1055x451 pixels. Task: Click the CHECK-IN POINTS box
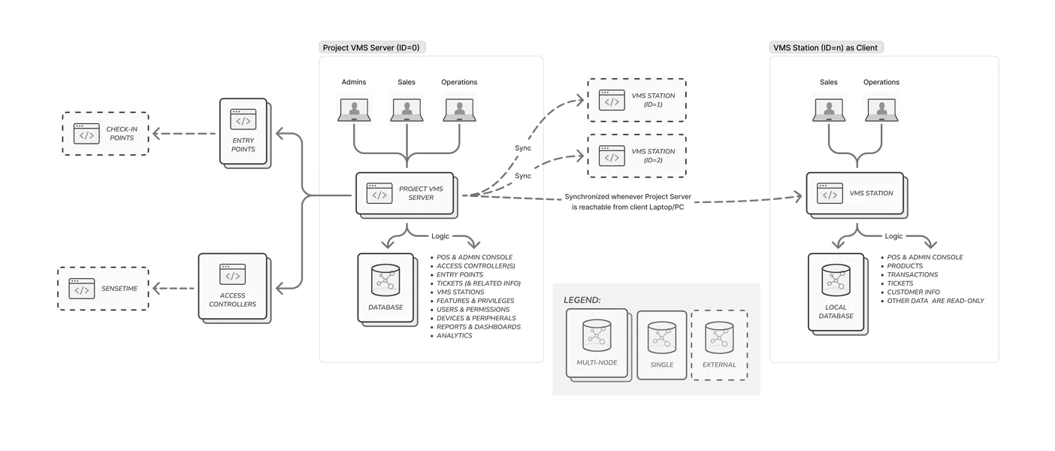(107, 133)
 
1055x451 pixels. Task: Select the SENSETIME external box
(105, 289)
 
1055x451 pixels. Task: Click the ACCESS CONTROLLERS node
(233, 286)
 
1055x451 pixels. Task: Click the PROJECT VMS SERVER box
(407, 194)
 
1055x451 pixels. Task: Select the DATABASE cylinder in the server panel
(385, 288)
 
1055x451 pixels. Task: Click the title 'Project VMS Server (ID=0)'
(371, 47)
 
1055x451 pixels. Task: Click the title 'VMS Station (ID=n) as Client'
(826, 47)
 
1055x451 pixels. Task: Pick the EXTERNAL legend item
(719, 344)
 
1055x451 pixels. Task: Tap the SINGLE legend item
(662, 344)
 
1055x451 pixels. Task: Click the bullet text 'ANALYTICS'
(455, 336)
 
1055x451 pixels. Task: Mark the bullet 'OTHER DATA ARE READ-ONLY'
(936, 301)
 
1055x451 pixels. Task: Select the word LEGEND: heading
(582, 300)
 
